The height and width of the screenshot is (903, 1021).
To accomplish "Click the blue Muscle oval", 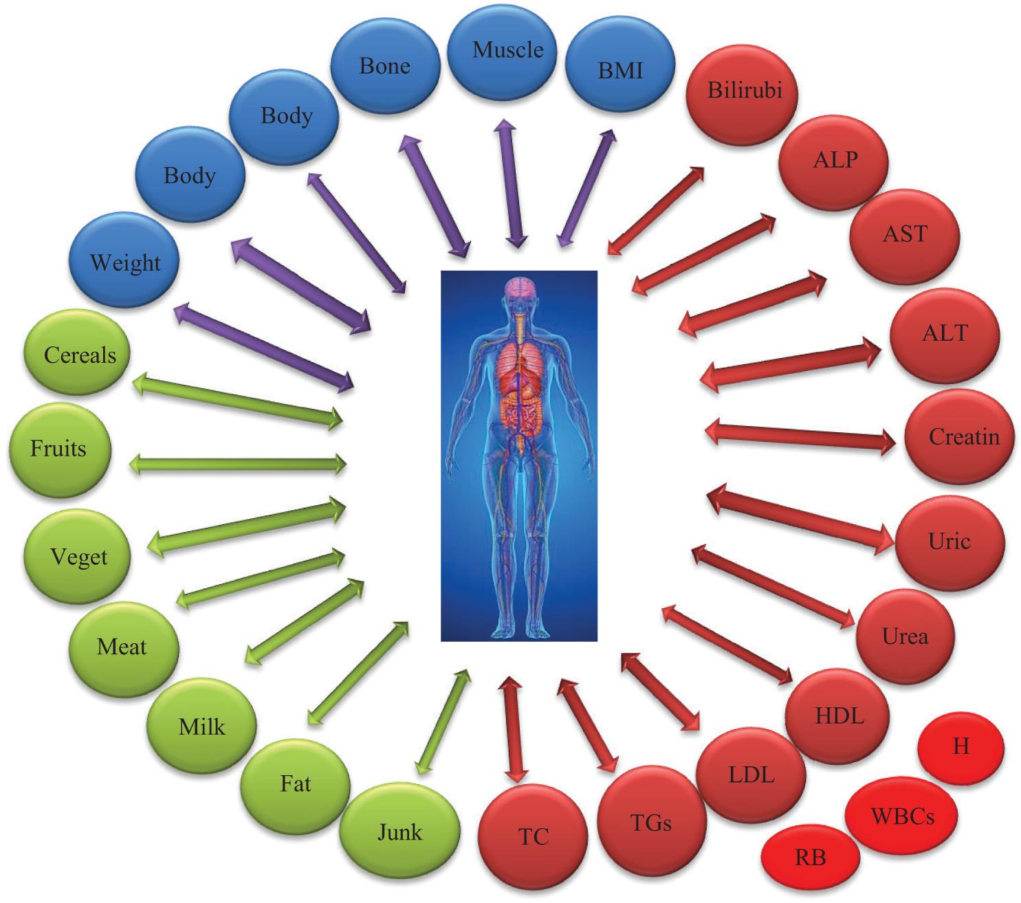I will coord(507,52).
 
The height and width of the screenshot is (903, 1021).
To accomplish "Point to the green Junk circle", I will coord(400,834).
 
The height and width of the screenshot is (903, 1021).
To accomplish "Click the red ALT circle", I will coord(945,335).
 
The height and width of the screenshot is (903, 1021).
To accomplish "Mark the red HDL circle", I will coord(839,717).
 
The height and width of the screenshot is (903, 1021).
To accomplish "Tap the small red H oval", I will coord(960,747).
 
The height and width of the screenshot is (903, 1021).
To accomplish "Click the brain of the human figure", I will coord(519,288).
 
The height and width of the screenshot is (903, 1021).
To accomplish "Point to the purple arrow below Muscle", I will coord(512,183).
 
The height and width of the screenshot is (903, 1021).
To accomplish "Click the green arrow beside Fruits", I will coord(238,465).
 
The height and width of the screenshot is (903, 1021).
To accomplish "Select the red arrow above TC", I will coord(514,729).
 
